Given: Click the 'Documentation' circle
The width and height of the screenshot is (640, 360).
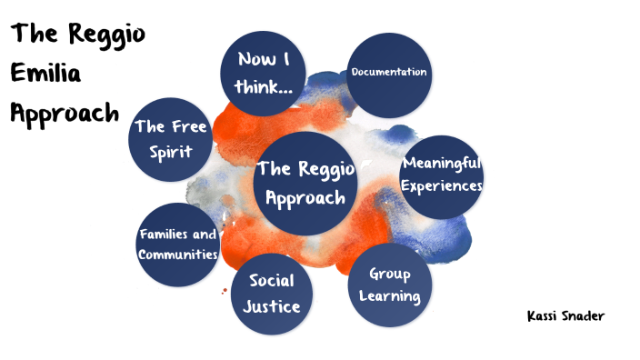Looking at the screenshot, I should tap(389, 73).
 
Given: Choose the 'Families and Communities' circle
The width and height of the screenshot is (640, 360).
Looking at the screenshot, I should tap(178, 244).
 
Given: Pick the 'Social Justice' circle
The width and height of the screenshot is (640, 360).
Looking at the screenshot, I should tap(271, 293).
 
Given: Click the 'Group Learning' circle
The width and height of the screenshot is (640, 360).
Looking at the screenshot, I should tap(389, 285).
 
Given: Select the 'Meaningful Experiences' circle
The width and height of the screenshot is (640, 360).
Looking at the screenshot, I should tap(441, 175).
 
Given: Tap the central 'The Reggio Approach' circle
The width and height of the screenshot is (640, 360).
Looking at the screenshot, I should tap(301, 183).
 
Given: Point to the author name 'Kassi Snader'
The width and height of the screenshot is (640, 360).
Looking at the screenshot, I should tap(565, 315).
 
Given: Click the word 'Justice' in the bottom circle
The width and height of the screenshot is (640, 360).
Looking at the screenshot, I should tap(271, 305).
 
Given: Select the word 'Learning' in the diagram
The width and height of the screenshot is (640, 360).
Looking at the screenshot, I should tap(389, 296).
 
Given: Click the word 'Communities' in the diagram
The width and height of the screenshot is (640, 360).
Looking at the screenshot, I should tap(178, 255).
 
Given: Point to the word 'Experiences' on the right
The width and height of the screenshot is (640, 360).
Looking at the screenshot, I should tap(442, 186).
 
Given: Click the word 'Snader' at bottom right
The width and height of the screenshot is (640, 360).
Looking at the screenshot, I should tap(584, 315).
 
